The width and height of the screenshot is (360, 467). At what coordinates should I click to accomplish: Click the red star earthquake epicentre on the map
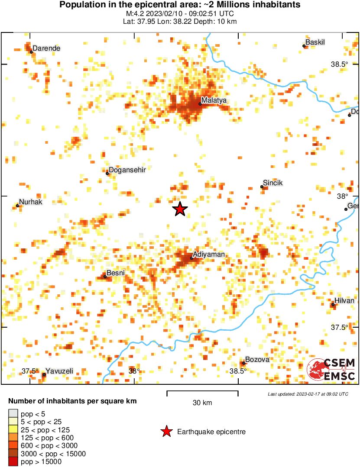pos(180,209)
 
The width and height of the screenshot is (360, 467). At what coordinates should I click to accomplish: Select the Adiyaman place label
pos(208,254)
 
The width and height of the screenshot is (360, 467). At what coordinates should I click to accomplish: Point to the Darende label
pos(46,48)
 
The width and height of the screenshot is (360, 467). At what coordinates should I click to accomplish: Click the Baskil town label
pos(315,42)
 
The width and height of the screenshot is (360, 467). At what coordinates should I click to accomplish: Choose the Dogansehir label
pos(126,170)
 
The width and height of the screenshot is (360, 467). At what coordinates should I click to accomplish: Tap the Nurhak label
pos(31,202)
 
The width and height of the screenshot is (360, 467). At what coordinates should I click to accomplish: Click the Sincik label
pos(272,183)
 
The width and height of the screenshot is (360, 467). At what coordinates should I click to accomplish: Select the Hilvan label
pos(344,301)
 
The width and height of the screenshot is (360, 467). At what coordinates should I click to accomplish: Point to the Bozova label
pos(257,360)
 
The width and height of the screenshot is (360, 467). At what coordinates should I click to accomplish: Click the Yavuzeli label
pos(59,371)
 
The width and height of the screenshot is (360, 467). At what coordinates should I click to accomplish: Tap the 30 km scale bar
pos(202,393)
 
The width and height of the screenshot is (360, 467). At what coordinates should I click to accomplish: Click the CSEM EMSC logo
pos(331,370)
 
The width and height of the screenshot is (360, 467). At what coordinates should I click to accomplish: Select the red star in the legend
pos(166,432)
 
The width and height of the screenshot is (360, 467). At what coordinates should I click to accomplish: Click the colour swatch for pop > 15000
pos(13,462)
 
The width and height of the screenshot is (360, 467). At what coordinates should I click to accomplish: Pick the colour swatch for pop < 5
pos(13,414)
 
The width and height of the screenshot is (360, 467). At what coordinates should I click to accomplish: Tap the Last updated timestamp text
pos(308,394)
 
